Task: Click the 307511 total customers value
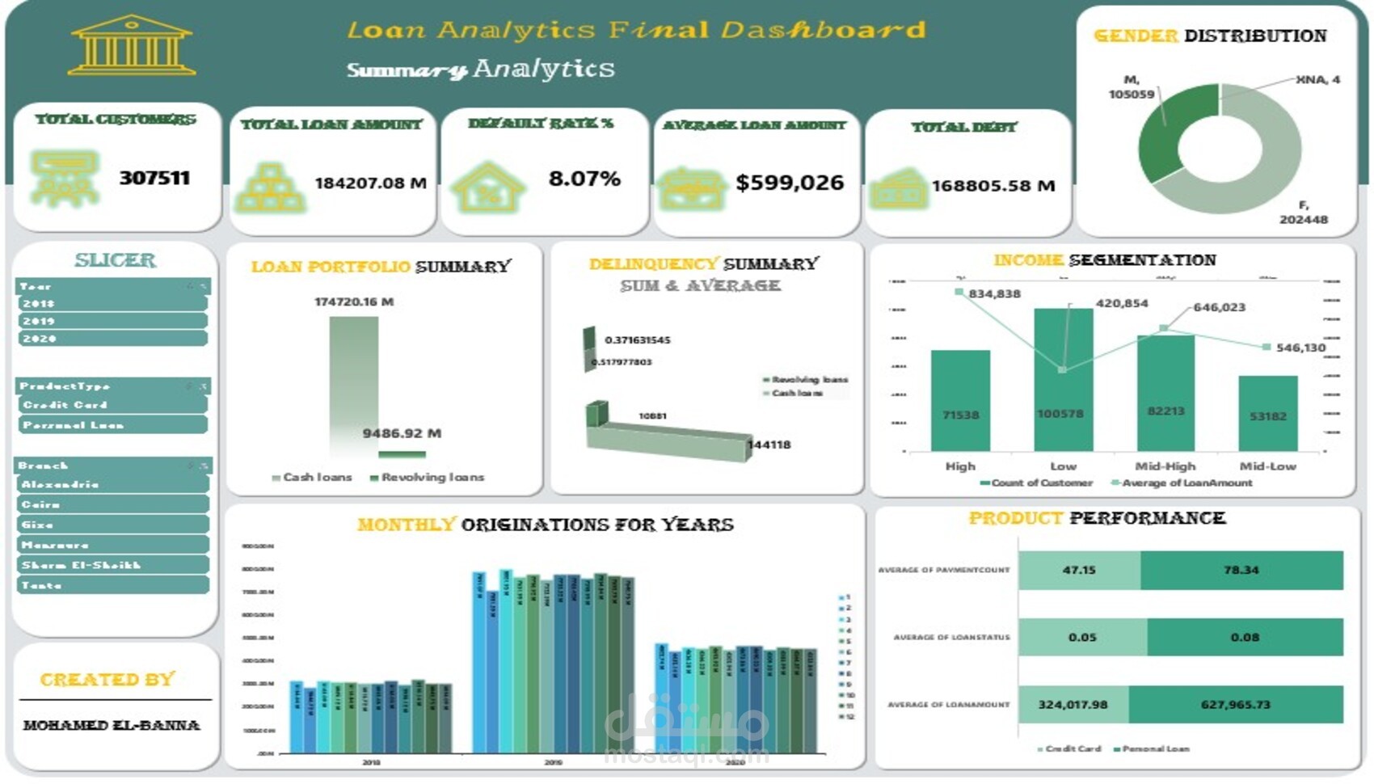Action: tap(154, 178)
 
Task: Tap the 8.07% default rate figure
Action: tap(584, 179)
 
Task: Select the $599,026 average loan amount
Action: tap(790, 183)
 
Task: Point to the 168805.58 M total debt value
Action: tap(993, 186)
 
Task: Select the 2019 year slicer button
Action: tap(112, 321)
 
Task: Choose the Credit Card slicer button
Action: tap(112, 405)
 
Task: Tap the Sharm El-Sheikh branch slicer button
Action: tap(112, 565)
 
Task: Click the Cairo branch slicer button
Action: tap(112, 504)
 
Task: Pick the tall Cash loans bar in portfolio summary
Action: tap(353, 384)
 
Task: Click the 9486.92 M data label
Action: tap(402, 433)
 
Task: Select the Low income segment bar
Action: tap(1063, 380)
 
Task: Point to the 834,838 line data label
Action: tap(994, 293)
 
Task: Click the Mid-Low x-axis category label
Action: tap(1267, 466)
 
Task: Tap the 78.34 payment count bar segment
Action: tap(1241, 570)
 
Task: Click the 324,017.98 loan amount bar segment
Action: tap(1073, 705)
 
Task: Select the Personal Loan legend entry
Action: tap(1153, 748)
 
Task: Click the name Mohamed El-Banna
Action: tap(112, 725)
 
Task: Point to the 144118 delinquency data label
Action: tap(769, 445)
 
